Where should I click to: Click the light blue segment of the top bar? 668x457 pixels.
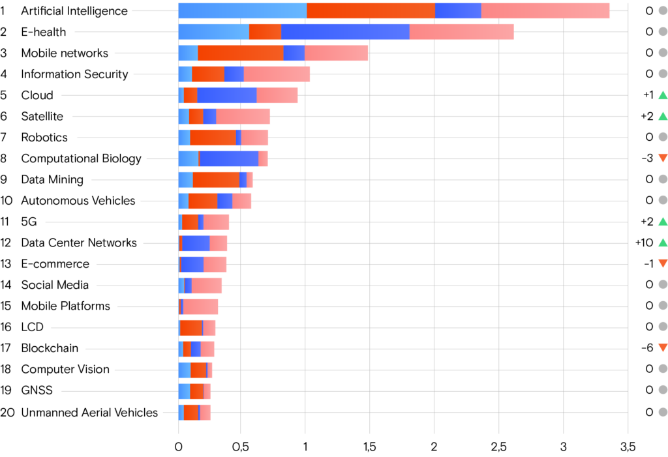242,11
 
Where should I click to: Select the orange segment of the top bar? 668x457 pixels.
371,11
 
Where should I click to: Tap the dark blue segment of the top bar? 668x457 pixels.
458,11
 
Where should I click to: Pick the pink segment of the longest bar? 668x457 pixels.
545,11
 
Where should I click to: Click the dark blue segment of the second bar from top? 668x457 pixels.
345,32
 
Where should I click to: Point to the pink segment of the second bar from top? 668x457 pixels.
461,32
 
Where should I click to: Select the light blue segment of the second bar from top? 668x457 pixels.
213,32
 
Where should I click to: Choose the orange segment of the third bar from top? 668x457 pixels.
240,53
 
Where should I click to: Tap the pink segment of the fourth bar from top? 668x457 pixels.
277,74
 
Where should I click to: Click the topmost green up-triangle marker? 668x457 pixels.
663,95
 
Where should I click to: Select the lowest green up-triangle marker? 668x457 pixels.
663,243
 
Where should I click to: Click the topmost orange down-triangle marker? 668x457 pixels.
663,158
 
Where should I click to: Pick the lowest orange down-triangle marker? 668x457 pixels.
663,348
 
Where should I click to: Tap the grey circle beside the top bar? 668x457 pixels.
663,10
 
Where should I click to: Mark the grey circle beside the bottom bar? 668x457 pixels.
663,412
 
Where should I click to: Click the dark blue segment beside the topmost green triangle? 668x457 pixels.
226,95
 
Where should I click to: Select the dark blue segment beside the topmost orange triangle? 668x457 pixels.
229,158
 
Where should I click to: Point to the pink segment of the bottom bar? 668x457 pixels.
205,413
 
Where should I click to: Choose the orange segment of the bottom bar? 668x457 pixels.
190,413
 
